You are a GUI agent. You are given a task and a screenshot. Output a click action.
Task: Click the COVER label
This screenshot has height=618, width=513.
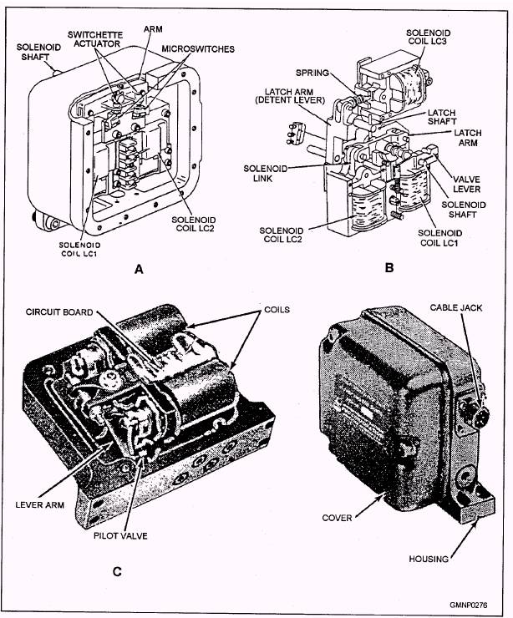(x=338, y=518)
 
